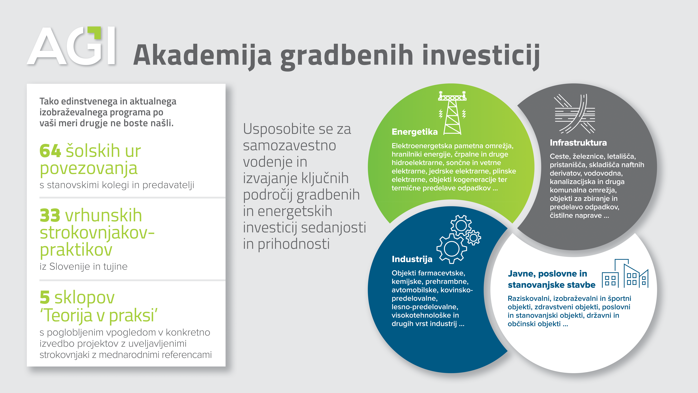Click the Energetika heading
(x=415, y=132)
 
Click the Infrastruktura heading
(x=578, y=143)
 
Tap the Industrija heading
(x=412, y=259)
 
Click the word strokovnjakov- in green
(x=97, y=233)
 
